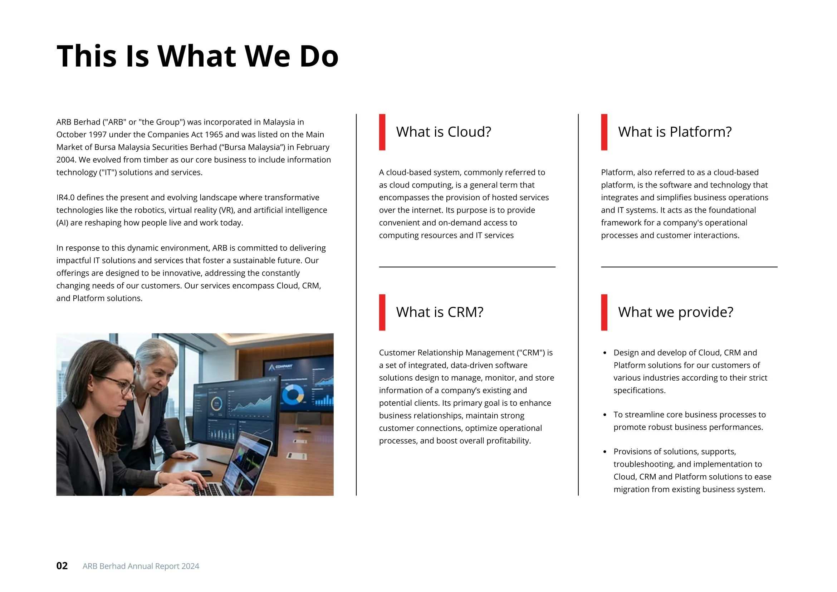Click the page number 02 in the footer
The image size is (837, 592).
[62, 566]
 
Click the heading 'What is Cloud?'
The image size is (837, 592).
[443, 132]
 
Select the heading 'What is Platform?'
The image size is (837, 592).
[674, 132]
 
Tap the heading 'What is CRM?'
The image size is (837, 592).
[439, 312]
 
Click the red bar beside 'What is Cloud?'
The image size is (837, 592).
[382, 132]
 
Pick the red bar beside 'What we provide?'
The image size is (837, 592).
[604, 312]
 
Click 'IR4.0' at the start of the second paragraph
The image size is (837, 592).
[65, 197]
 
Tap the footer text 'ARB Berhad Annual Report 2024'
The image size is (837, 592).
[141, 566]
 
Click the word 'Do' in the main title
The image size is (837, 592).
[319, 56]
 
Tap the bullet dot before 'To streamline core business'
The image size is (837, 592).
[605, 415]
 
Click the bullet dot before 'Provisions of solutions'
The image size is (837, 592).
[605, 452]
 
